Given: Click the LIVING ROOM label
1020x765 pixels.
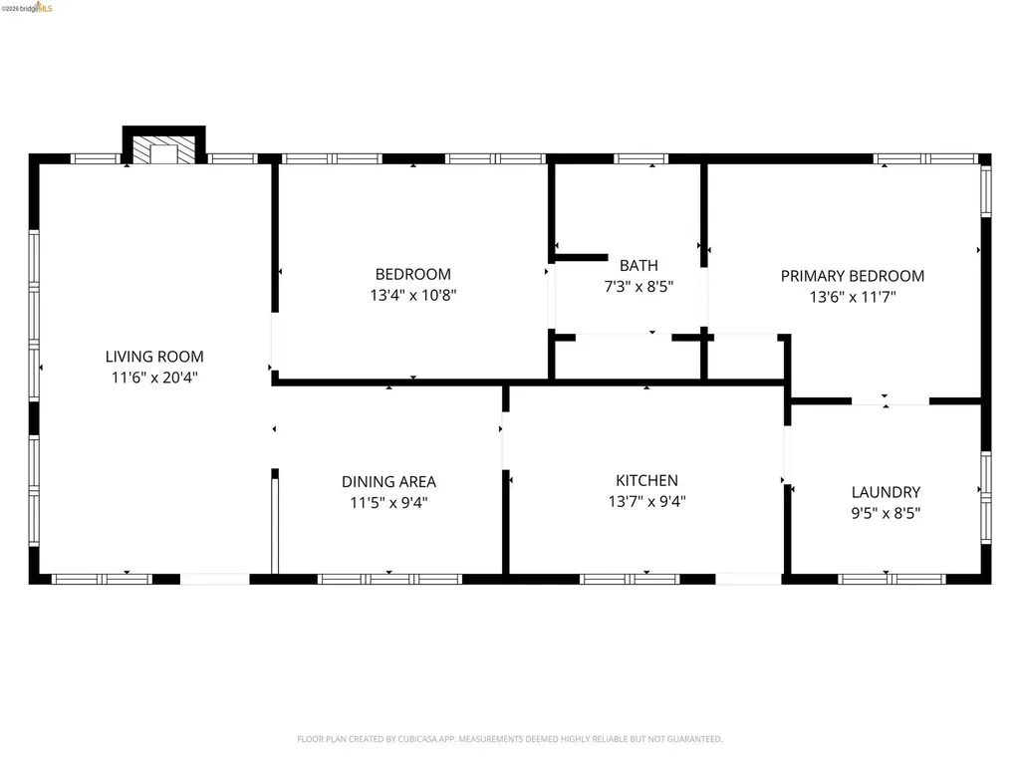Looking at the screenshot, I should point(154,357).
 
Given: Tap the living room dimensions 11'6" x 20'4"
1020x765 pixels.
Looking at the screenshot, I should point(154,378).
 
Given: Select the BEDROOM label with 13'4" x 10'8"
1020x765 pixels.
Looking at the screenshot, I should point(412,274).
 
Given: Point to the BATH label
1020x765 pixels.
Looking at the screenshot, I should point(638,265).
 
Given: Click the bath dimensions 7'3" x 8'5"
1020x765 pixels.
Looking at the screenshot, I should point(638,287).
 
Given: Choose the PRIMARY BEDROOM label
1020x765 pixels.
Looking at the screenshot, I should point(852,276).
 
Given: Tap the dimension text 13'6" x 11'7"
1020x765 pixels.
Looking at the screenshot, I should point(852,297).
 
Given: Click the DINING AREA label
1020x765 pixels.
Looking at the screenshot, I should point(388,482).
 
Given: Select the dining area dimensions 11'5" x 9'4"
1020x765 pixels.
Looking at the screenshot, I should point(388,503).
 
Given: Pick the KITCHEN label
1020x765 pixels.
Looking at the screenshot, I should point(646,480).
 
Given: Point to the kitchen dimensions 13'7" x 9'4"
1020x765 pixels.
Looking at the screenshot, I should point(646,502).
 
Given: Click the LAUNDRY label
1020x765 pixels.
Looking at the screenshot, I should point(886,492).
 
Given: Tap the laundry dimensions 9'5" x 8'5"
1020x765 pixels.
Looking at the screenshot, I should point(886,514).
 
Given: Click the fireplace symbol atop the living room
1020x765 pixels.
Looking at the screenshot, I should point(162,152).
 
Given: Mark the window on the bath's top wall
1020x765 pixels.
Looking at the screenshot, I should point(640,158).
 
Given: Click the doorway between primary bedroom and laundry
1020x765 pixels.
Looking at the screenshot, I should point(890,401).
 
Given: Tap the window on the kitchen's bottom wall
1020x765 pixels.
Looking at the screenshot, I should point(630,578).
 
